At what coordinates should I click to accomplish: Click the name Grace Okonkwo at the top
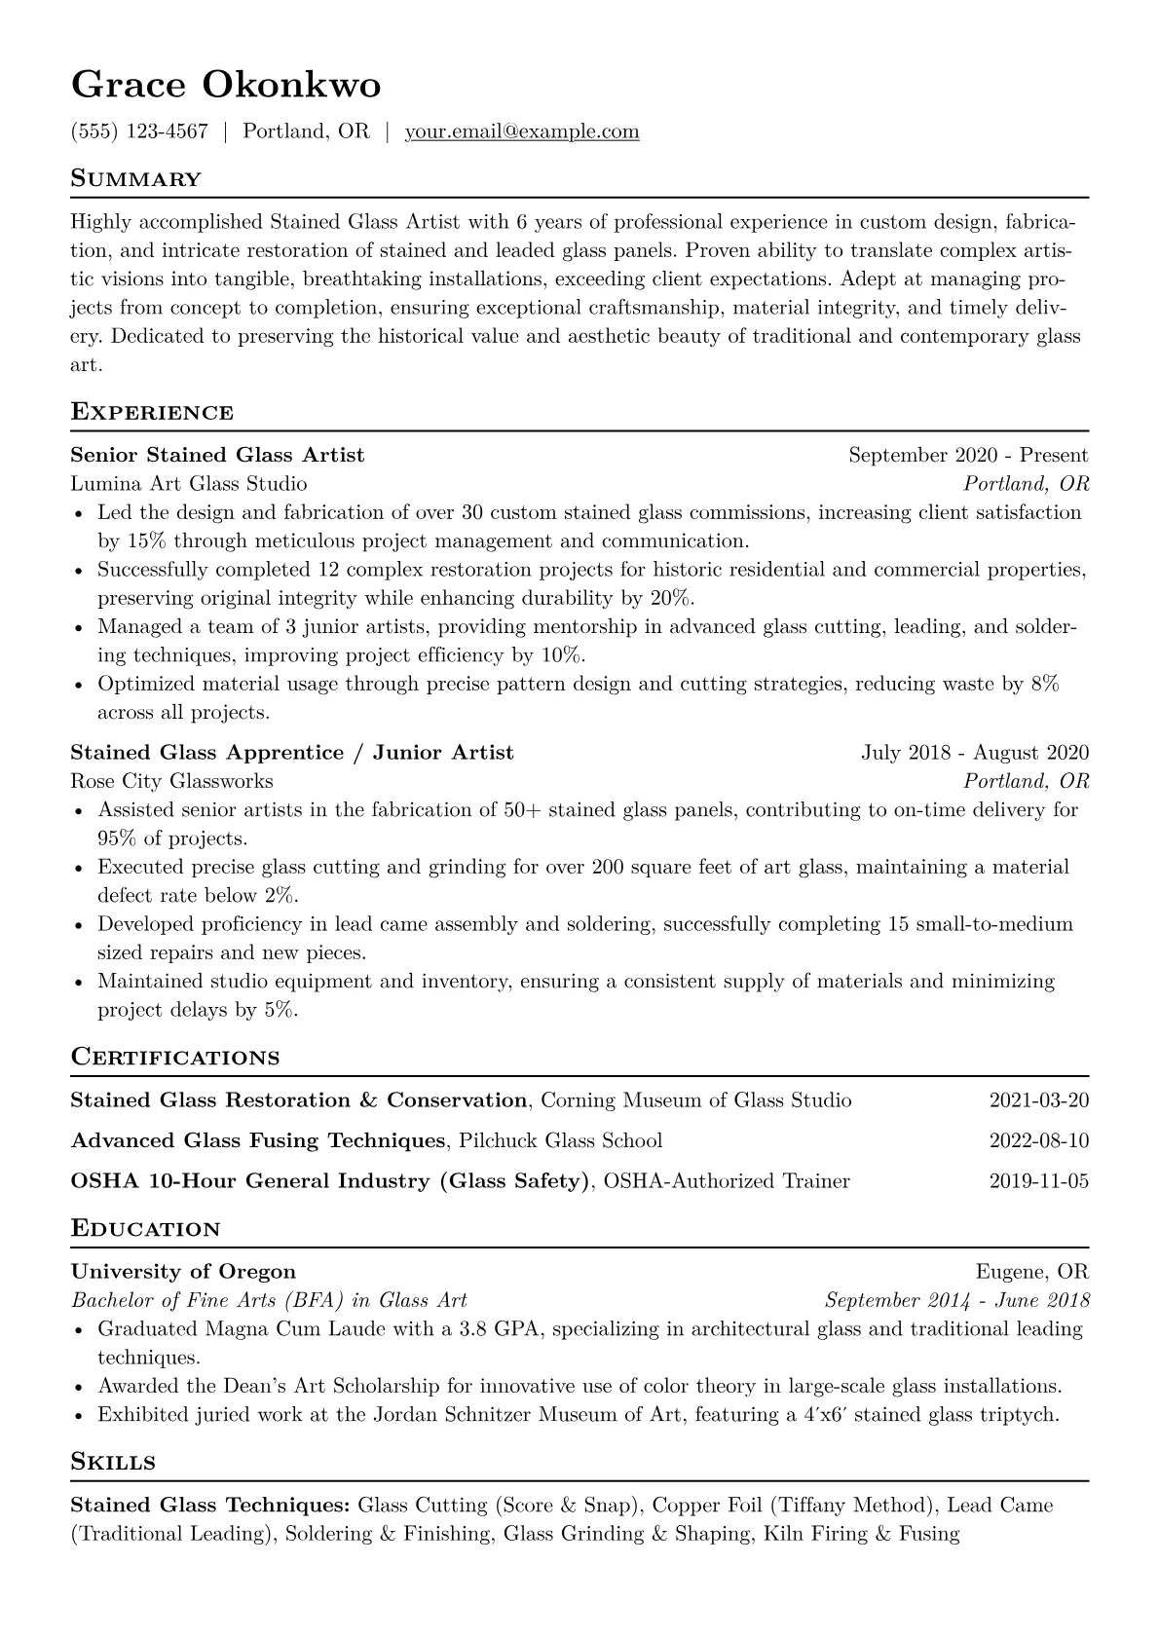pos(226,86)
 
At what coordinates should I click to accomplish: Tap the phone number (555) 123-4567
pos(139,131)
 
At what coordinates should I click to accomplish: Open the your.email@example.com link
pos(522,131)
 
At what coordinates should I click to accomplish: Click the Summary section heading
pos(136,179)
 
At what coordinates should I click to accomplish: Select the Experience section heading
pos(152,412)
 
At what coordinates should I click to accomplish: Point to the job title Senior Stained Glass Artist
pos(217,455)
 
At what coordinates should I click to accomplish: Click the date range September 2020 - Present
pos(968,455)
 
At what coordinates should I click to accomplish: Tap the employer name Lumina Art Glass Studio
pos(189,483)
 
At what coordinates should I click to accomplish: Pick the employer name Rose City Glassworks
pos(171,781)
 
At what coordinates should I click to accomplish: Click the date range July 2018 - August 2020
pos(975,753)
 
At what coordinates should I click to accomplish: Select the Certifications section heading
pos(175,1058)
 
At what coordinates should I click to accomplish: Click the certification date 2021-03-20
pos(1038,1100)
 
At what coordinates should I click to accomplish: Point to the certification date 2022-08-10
pos(1038,1140)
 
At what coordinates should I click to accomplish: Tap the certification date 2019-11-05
pos(1038,1181)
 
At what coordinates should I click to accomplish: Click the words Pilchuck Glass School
pos(560,1140)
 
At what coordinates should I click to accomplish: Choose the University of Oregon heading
pos(183,1271)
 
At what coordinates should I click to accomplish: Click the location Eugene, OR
pos(1031,1271)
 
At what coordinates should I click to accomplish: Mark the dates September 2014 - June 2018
pos(956,1300)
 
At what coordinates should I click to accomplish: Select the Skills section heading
pos(113,1462)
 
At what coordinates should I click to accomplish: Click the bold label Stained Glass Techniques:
pos(211,1505)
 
